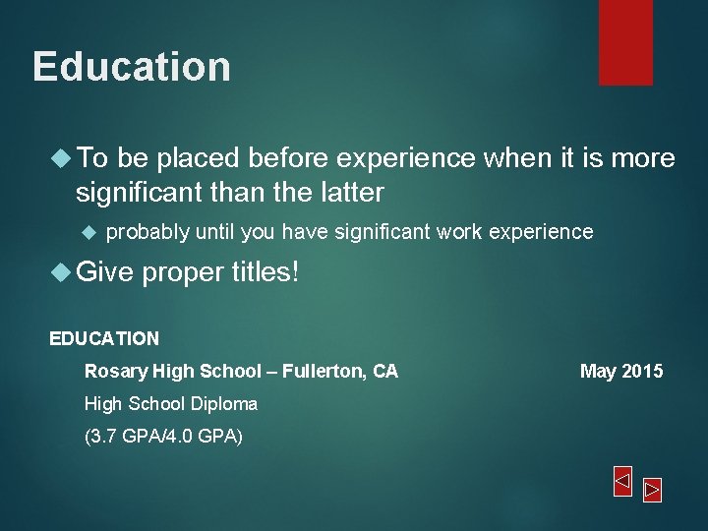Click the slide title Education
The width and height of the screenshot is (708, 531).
132,67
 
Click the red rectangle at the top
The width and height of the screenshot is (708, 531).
625,41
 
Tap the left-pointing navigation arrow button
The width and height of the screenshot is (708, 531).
622,481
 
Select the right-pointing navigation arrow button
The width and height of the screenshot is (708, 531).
653,490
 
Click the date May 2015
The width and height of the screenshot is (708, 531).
621,371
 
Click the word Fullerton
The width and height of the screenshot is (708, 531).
323,371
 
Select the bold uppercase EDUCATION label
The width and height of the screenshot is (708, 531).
104,338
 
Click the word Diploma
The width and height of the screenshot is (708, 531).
225,403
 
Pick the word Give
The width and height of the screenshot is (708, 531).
104,272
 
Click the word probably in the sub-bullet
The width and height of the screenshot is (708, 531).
147,232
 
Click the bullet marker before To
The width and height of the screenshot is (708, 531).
61,158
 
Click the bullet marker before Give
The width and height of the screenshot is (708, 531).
61,272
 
